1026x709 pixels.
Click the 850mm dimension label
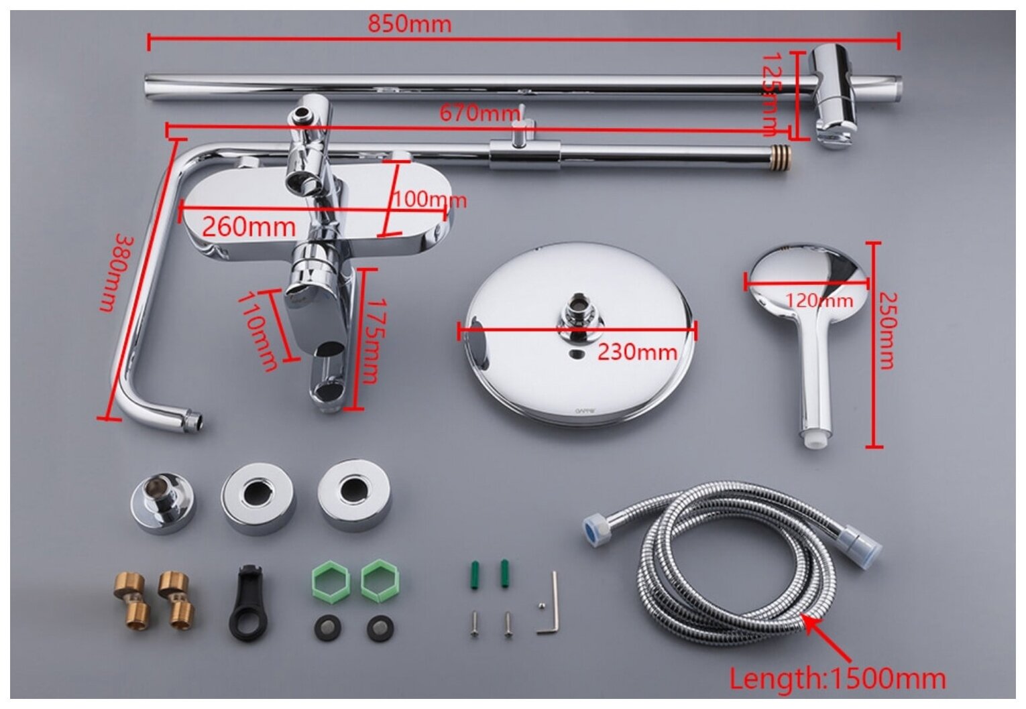(409, 24)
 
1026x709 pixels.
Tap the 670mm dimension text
(479, 113)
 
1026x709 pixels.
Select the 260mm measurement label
(249, 227)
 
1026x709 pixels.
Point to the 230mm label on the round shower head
(637, 351)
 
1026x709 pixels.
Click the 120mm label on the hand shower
(819, 300)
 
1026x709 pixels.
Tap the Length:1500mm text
(838, 678)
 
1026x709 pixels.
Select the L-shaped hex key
(549, 605)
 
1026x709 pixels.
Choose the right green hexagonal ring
(376, 580)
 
